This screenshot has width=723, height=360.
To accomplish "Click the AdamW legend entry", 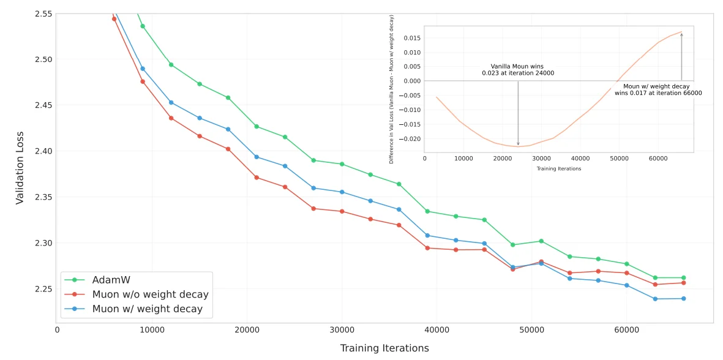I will click(x=110, y=280).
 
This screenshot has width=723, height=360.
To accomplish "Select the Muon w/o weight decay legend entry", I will click(x=150, y=294).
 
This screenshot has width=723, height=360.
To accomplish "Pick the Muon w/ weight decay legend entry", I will click(x=147, y=309).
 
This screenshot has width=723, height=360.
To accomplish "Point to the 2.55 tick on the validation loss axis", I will click(x=43, y=13).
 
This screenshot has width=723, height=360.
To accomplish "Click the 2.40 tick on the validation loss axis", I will click(x=43, y=151).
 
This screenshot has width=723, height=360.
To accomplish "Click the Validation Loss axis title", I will click(x=20, y=168).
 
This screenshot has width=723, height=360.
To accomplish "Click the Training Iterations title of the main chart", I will click(x=384, y=348).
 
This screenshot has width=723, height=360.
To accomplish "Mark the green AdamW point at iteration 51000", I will click(x=541, y=241).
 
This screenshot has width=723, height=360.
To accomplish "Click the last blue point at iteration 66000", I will click(x=683, y=299).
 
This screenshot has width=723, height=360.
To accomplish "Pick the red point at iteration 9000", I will click(x=143, y=81).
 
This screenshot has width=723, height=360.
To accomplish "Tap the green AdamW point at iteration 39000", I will click(x=427, y=211).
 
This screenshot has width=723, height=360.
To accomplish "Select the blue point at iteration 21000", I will click(x=257, y=157).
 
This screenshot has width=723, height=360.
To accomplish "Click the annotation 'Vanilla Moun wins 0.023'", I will click(x=517, y=70).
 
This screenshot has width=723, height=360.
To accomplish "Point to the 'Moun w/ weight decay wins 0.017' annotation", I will click(x=658, y=90).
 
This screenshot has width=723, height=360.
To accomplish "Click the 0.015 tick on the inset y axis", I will click(x=413, y=38).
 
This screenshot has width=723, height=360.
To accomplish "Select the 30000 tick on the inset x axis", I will click(x=541, y=158).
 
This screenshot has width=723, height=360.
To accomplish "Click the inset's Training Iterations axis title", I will click(x=559, y=168).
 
